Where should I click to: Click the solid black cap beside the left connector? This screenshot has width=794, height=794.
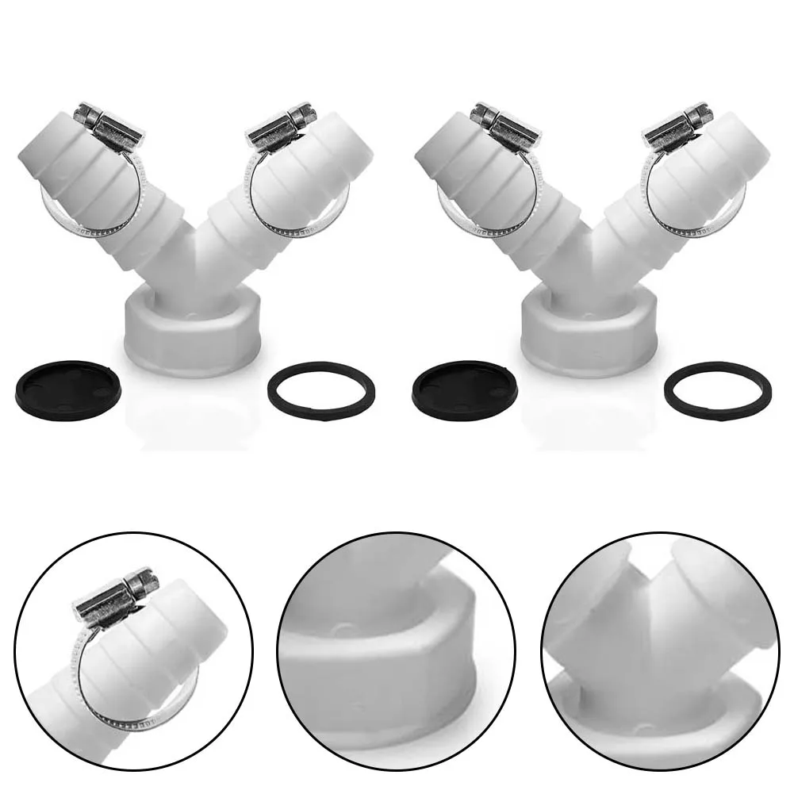click(68, 389)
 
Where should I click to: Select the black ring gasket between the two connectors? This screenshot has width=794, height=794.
click(321, 391)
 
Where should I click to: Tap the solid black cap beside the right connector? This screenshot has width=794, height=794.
click(465, 389)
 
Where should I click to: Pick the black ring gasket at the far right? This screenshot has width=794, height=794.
click(718, 391)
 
